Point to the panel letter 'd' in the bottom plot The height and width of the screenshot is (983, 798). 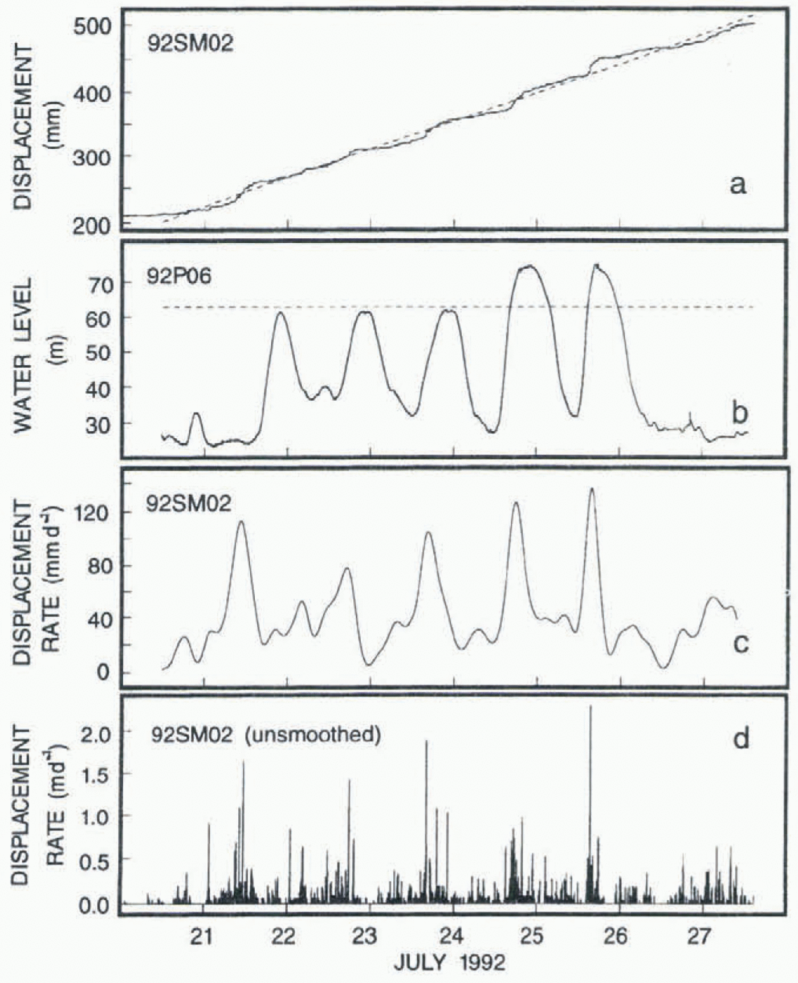point(740,739)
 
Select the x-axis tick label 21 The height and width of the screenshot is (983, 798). point(202,936)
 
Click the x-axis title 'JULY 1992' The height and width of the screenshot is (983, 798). point(449,963)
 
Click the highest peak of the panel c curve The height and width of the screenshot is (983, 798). point(592,488)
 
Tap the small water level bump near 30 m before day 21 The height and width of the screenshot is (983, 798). point(197,414)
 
